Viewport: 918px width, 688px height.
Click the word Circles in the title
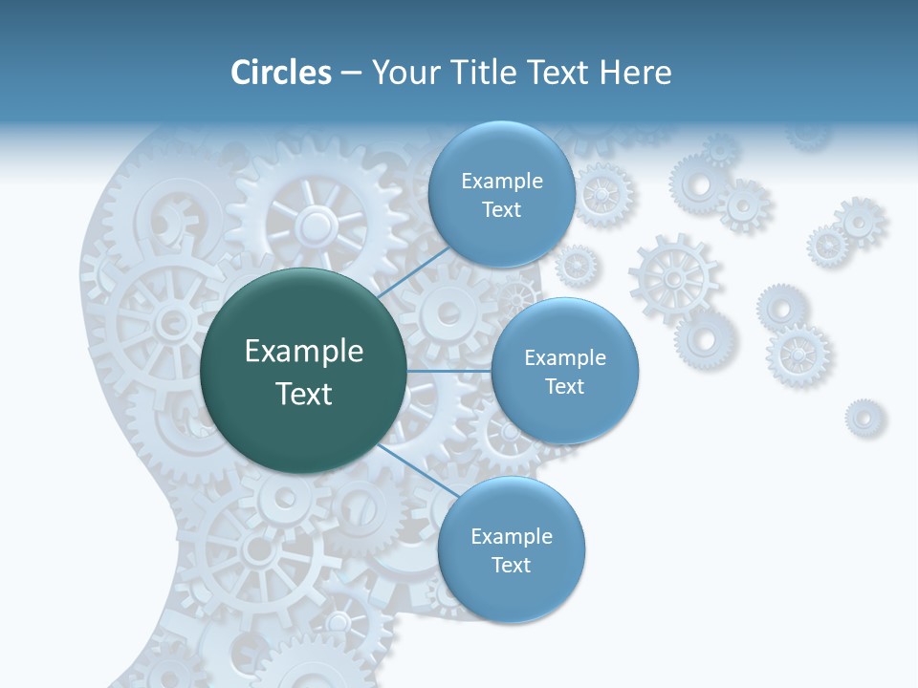pos(280,73)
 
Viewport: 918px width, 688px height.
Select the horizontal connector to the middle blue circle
pos(448,371)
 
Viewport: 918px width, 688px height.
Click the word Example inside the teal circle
pos(304,352)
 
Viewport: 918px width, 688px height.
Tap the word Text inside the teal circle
pos(304,394)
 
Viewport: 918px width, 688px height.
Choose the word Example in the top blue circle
pos(502,182)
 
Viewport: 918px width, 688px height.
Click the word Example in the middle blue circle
pos(565,358)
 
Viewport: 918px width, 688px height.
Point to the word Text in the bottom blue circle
pos(511,566)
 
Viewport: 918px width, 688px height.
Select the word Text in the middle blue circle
pos(565,387)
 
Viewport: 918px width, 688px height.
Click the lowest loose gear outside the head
pos(864,418)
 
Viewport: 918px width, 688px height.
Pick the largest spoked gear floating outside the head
pos(673,278)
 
